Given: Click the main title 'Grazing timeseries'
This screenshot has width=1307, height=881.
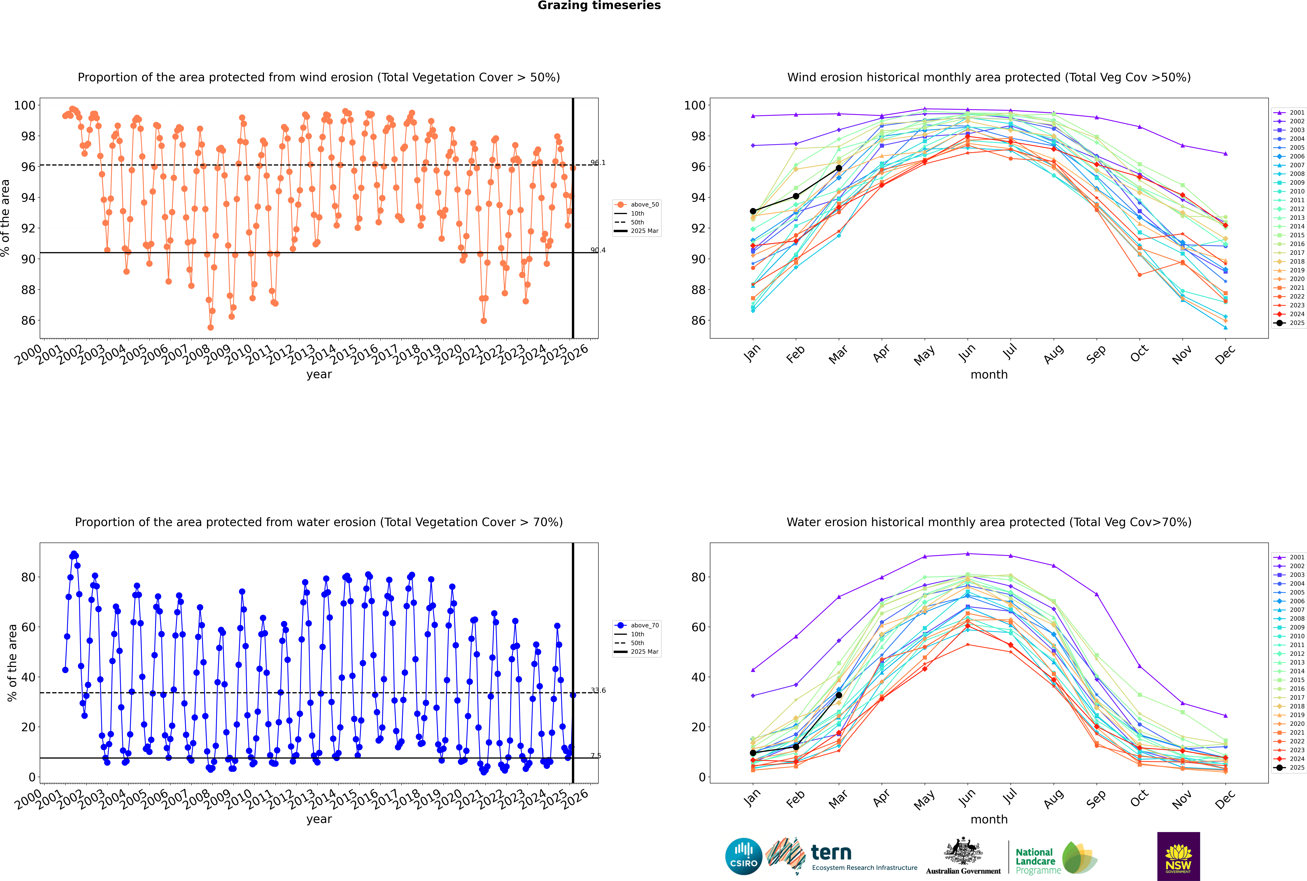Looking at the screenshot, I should coord(599,6).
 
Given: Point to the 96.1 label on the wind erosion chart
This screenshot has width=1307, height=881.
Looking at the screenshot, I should coord(598,163).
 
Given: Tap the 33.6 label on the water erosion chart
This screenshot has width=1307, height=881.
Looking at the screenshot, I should coord(598,691).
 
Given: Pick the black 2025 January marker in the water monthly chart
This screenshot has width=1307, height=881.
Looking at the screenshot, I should coord(753,753).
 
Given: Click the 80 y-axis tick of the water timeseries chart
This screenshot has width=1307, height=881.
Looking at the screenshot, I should coord(28,577).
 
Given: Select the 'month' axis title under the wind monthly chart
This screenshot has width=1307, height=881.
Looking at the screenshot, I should coord(989,375).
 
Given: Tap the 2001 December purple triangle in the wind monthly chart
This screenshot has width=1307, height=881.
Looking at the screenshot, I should coord(1226,153).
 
